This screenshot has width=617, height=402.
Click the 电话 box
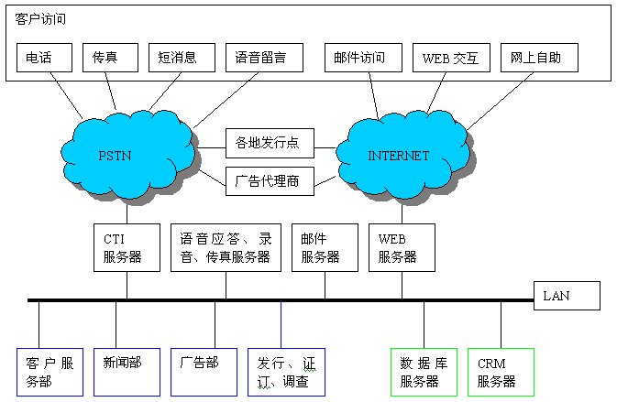[x=44, y=58]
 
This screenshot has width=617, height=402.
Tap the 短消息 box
[x=182, y=58]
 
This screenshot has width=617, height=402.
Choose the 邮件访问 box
[x=361, y=58]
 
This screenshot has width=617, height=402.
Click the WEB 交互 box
[x=451, y=58]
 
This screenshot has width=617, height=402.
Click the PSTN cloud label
[x=115, y=156]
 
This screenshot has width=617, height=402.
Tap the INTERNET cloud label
[x=398, y=156]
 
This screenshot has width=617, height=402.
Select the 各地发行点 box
[x=270, y=143]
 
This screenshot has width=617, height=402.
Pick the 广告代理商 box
[x=270, y=179]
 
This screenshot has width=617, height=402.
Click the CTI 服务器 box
[x=127, y=247]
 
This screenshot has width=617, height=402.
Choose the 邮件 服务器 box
[x=325, y=247]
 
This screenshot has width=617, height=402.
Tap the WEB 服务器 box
[x=402, y=247]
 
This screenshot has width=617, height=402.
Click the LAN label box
[x=567, y=296]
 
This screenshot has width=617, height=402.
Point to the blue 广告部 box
[x=204, y=371]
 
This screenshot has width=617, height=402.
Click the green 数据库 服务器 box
[x=424, y=371]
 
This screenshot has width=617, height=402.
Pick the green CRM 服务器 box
[x=501, y=371]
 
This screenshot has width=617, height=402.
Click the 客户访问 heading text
[x=40, y=18]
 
